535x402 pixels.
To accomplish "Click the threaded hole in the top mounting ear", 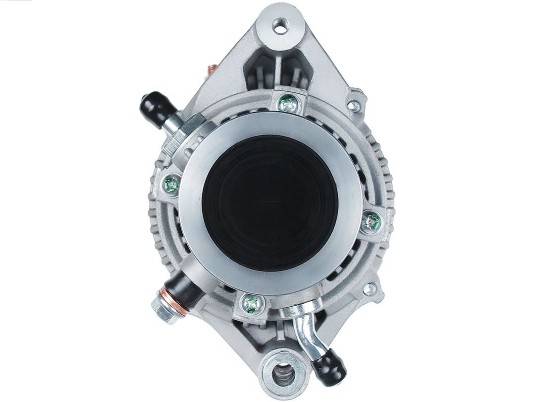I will coord(281,27).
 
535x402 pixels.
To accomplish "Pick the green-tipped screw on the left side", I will coord(172,186).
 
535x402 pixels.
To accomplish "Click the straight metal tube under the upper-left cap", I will coord(173,125).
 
